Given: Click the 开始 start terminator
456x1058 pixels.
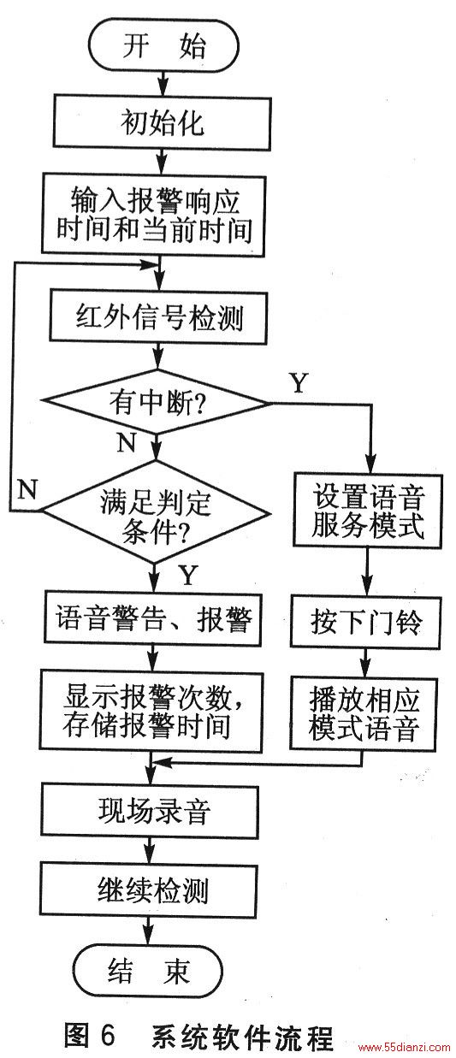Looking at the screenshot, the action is point(163,46).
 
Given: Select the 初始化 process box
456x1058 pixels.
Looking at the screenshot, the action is point(162,122).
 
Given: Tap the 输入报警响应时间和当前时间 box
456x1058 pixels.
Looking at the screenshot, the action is point(154,215).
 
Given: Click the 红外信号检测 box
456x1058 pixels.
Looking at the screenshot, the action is point(158,317).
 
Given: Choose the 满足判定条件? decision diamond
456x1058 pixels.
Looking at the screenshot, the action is point(156,512).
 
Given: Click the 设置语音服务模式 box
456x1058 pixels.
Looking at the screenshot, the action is point(368,511).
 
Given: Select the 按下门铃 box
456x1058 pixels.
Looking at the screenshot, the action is point(366,622).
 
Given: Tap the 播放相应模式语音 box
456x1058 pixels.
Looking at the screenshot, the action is point(364,713).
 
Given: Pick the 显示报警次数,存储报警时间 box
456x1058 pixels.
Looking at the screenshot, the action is point(151,712).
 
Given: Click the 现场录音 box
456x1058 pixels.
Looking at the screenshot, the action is point(151,811).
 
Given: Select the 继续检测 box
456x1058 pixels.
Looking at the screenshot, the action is point(149,890).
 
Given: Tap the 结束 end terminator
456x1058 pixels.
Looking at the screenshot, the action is point(148,972).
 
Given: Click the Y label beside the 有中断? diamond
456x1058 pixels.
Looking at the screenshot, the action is point(299,382).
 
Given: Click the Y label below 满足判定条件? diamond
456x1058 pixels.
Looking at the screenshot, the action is point(188,576).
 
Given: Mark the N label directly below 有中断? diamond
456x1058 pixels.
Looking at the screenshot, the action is point(126,442).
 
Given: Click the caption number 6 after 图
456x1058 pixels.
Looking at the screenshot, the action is point(108,1035).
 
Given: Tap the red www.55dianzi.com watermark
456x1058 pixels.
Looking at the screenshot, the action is point(404,1047).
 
